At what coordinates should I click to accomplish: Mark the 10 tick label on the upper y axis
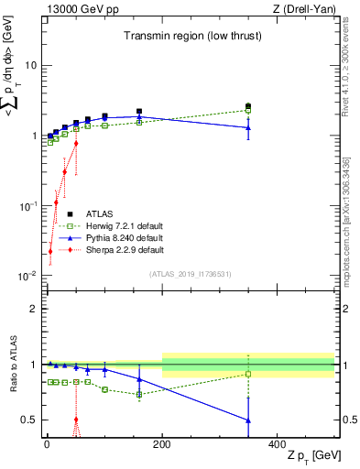30,66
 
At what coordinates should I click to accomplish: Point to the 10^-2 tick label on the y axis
27,276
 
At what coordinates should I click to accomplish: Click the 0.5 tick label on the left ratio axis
29,420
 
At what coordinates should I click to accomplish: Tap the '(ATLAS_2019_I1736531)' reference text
191,275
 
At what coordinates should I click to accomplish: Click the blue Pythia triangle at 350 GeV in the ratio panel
248,420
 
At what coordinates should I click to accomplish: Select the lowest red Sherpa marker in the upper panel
49,251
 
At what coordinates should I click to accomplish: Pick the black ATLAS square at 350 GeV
248,106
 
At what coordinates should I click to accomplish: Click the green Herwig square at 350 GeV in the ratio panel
248,374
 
